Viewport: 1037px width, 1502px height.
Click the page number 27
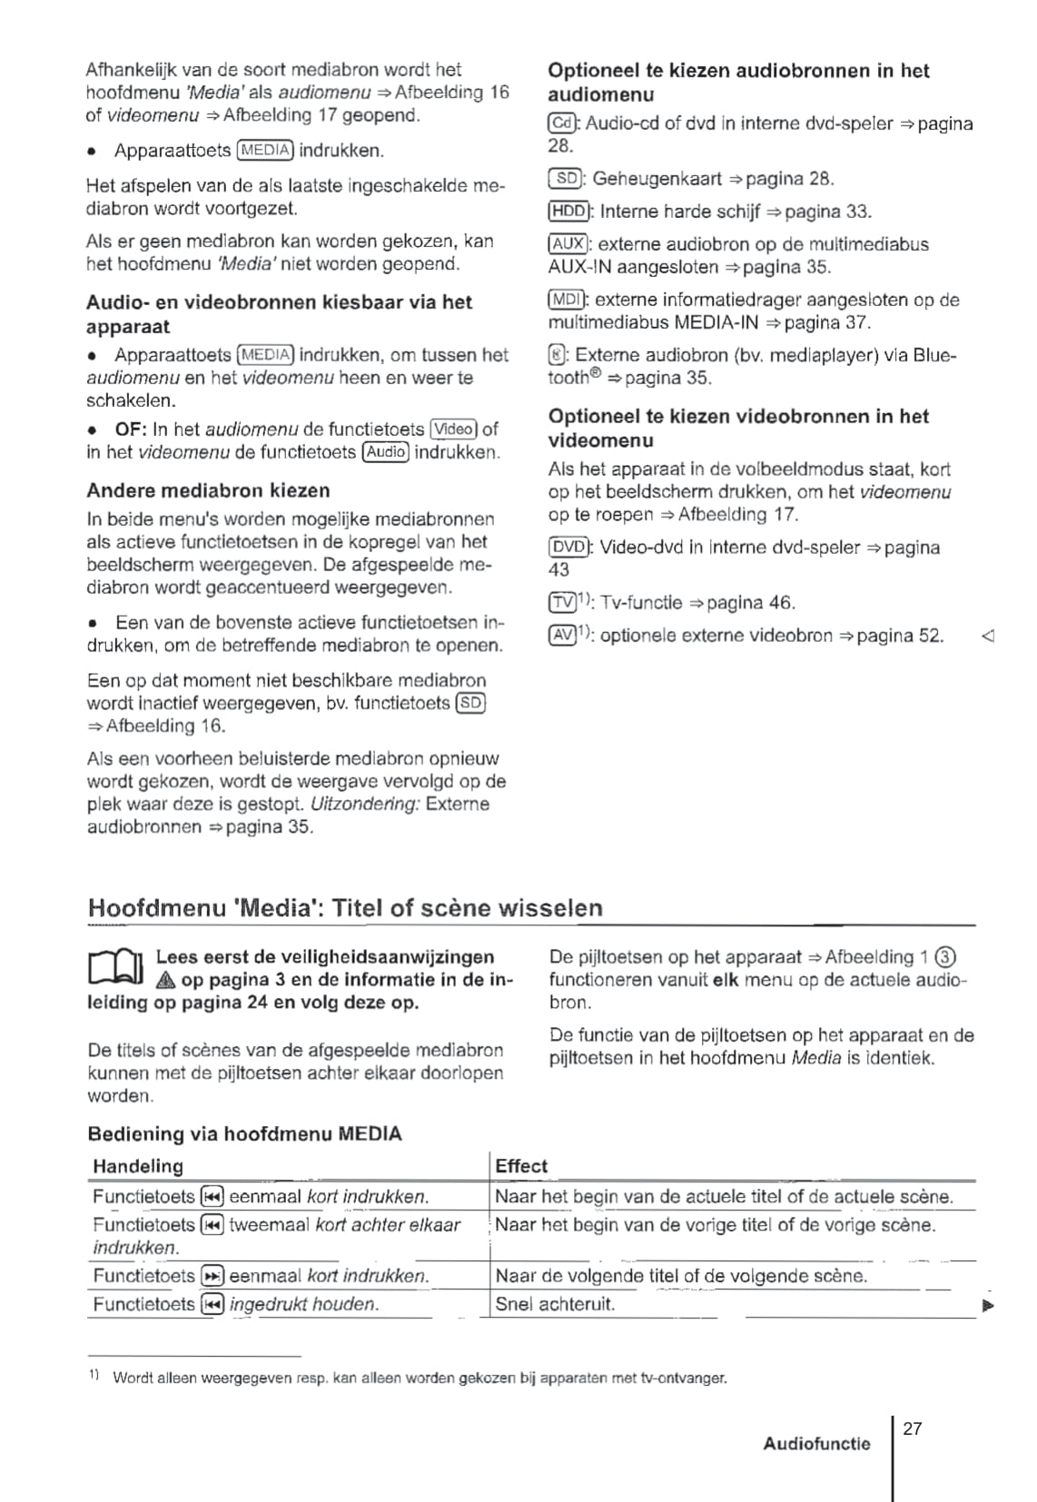click(x=913, y=1428)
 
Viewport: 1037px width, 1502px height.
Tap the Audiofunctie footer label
click(x=816, y=1444)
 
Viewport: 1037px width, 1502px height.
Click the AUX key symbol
click(x=568, y=244)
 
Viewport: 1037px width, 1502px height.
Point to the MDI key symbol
click(x=568, y=300)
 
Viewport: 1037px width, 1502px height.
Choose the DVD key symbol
click(x=569, y=548)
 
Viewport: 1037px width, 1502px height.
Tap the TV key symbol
click(x=563, y=603)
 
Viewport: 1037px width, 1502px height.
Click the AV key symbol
click(x=563, y=636)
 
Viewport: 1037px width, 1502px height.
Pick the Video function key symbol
click(x=454, y=429)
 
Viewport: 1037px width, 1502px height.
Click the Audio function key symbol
click(x=386, y=452)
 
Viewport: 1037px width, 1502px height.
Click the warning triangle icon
click(x=165, y=981)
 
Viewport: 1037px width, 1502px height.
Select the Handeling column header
click(x=138, y=1166)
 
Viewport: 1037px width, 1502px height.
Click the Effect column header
click(x=521, y=1166)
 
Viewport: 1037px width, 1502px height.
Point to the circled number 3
click(x=946, y=957)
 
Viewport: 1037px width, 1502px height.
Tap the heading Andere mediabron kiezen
click(x=208, y=490)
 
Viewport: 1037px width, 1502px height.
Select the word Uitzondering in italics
click(x=365, y=804)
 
